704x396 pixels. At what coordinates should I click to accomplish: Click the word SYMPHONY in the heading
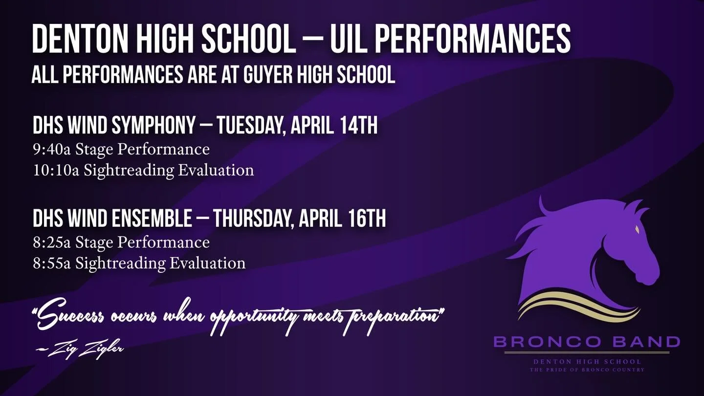click(154, 126)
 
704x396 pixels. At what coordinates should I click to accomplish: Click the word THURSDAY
click(253, 219)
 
